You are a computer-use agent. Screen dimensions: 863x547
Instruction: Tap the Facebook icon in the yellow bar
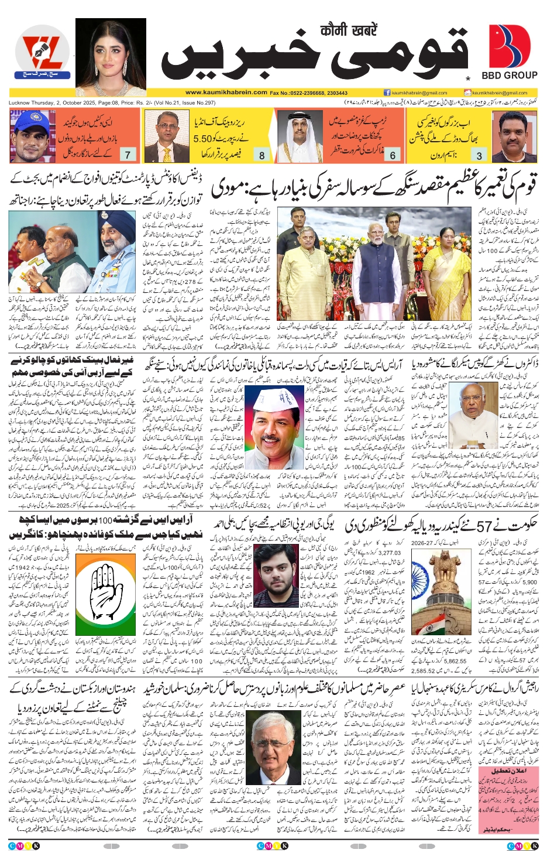coord(387,93)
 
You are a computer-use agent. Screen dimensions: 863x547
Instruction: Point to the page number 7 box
coord(128,155)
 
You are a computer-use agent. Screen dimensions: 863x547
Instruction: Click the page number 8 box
coord(262,155)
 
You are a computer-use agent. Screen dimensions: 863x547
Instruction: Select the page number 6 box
coord(393,155)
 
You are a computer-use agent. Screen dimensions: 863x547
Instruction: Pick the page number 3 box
coord(479,155)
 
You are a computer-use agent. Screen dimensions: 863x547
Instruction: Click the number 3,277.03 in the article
coord(390,552)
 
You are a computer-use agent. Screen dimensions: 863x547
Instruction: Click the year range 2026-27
coord(425,543)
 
